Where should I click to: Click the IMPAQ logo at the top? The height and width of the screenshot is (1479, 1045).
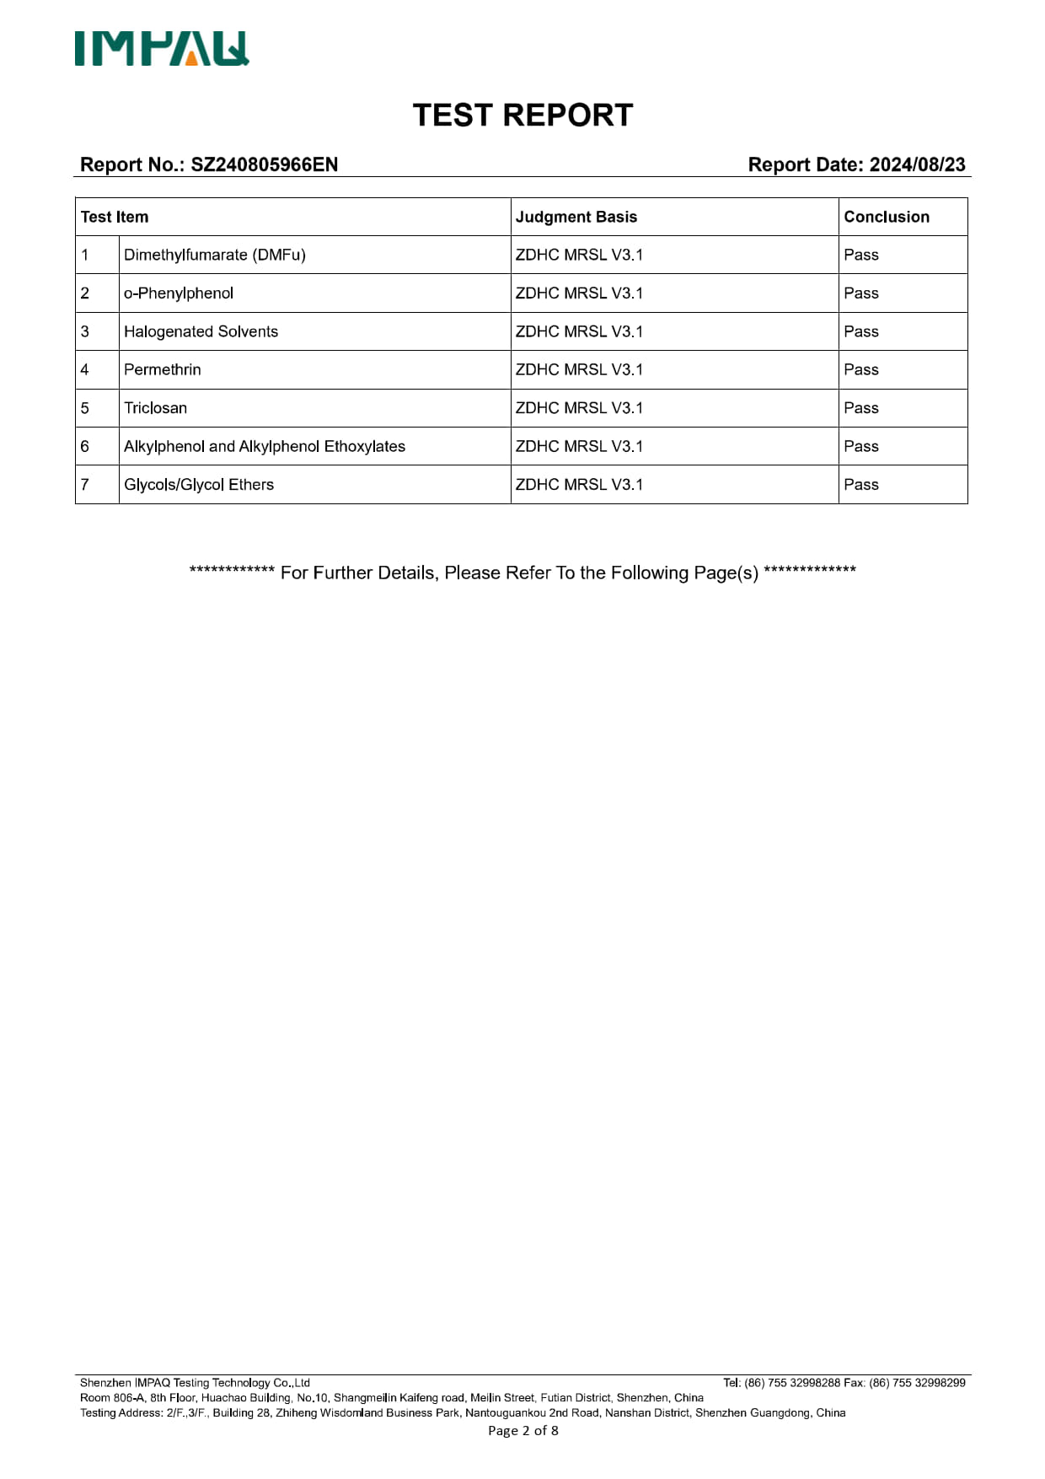click(x=162, y=49)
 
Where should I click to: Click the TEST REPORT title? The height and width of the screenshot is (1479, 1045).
click(x=522, y=116)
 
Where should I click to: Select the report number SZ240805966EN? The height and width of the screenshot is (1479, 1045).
click(x=264, y=164)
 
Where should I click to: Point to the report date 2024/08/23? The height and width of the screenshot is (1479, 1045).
click(x=917, y=164)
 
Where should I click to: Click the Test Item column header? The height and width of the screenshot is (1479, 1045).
click(x=115, y=217)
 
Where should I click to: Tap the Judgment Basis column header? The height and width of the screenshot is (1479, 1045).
click(x=576, y=217)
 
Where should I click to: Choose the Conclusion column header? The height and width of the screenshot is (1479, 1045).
click(x=887, y=217)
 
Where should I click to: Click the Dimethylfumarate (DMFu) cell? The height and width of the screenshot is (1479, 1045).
click(x=215, y=255)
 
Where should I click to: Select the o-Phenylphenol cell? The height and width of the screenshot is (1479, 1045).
click(x=179, y=293)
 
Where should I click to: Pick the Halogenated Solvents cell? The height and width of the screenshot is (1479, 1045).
click(x=201, y=331)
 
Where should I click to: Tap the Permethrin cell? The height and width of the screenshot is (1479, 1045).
click(x=163, y=369)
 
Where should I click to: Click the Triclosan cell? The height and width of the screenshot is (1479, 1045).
click(x=156, y=408)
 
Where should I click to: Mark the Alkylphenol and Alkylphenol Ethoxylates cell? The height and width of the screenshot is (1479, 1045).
click(x=265, y=446)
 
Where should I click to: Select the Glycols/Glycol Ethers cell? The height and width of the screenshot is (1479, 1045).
click(x=199, y=485)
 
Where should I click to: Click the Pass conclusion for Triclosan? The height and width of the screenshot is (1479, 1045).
click(x=861, y=408)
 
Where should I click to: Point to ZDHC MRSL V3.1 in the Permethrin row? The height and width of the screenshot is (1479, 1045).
click(x=579, y=369)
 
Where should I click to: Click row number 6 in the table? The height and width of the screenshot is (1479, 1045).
click(x=85, y=446)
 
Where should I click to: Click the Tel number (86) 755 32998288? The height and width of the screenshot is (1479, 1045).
click(x=792, y=1383)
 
